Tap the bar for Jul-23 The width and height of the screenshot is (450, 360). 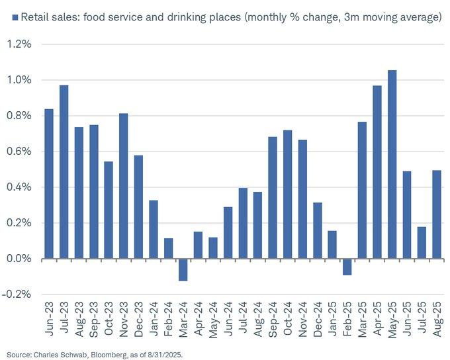click(64, 171)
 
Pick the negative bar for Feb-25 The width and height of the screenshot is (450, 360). click(347, 267)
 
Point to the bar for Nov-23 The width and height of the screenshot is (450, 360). click(123, 186)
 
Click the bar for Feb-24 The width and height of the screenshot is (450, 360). click(168, 248)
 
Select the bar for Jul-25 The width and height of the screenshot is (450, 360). click(422, 242)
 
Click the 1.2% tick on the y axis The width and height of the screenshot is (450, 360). click(21, 44)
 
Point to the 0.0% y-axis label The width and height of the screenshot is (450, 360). click(21, 259)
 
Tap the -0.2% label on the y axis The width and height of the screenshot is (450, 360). click(19, 294)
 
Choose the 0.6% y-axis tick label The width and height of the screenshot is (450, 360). click(21, 152)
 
